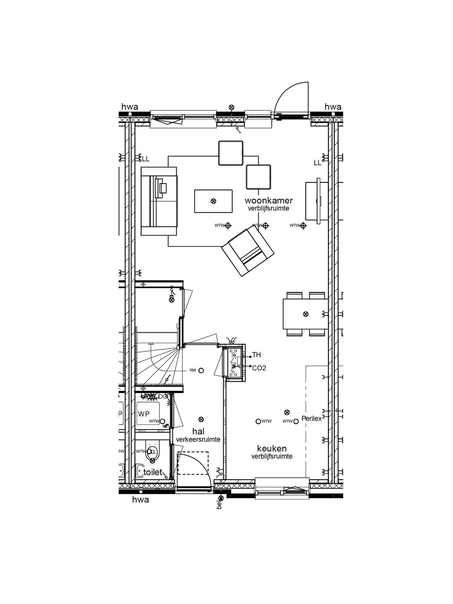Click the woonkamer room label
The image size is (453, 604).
[x=269, y=200]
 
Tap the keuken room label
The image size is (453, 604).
[x=272, y=449]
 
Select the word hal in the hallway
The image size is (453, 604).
[x=198, y=432]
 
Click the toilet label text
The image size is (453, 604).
[x=152, y=472]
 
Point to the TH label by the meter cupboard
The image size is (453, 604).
[x=256, y=355]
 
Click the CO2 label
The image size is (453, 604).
[x=259, y=368]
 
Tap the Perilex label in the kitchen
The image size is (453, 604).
[x=311, y=419]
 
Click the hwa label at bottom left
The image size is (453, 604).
[x=141, y=500]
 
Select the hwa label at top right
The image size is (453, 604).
[x=333, y=107]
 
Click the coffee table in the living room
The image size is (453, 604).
[x=213, y=201]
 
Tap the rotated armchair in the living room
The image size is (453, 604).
[x=248, y=251]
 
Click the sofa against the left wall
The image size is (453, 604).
[x=159, y=200]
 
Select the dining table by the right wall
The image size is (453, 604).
[x=305, y=314]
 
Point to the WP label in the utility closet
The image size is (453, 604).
[x=143, y=414]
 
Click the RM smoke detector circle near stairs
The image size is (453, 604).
[x=201, y=370]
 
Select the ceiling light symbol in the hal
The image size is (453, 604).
[x=201, y=419]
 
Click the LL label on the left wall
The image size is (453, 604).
[x=146, y=159]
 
